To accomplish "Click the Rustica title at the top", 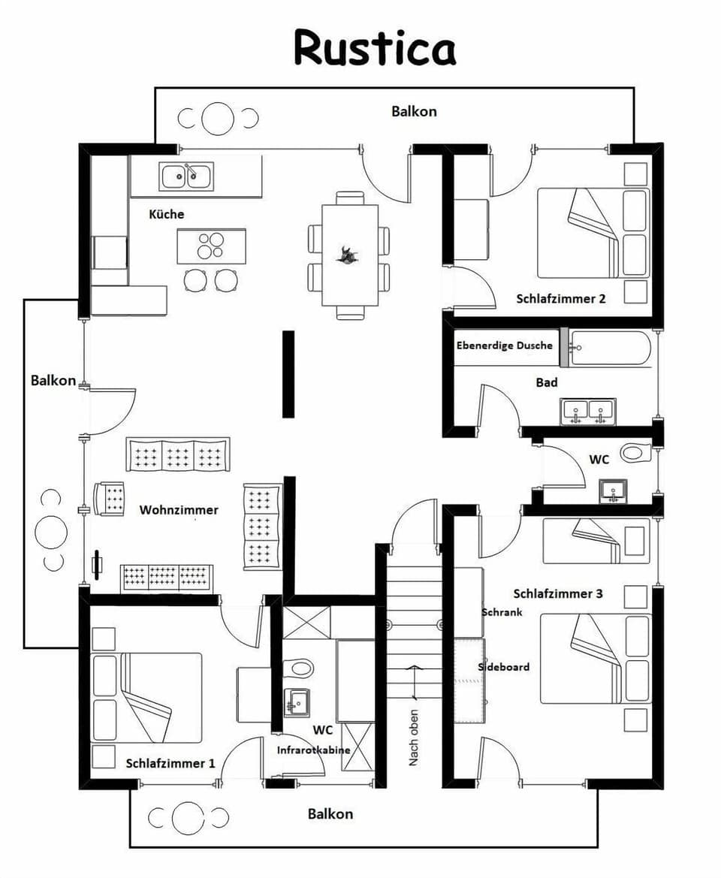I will point(374,49).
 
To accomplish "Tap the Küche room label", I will point(166,214).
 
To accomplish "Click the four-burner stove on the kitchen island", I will point(211,246).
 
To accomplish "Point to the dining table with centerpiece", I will point(350,255).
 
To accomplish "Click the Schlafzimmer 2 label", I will point(560,298).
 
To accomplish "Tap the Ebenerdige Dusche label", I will point(504,345).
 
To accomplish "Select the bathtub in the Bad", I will point(610,348).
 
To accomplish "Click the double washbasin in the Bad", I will point(587,412).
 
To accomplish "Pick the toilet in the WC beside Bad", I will point(635,453).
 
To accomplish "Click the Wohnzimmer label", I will point(179,510).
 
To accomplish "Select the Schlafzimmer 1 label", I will point(170,763).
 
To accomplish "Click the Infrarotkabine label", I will point(313,750).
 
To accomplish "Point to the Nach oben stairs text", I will point(413,738).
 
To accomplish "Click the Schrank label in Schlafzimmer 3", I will point(502,612).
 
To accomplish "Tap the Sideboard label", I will point(504,666).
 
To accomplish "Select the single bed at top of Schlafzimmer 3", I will point(596,541).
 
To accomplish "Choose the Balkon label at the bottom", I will point(330,813).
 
